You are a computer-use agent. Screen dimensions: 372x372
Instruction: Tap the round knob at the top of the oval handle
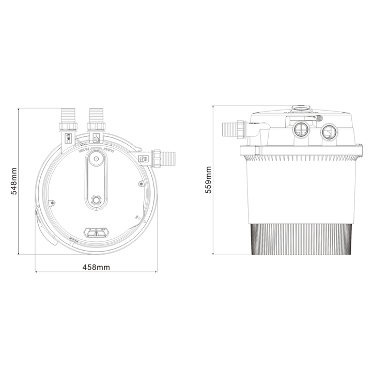click(x=96, y=160)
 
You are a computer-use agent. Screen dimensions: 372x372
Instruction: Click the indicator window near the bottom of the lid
click(x=96, y=231)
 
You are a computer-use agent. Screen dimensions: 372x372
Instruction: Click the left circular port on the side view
click(x=300, y=130)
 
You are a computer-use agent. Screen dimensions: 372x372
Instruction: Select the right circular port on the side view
click(x=328, y=132)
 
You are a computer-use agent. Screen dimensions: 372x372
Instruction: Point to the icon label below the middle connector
click(x=96, y=137)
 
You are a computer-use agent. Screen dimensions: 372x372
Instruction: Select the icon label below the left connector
click(x=69, y=138)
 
